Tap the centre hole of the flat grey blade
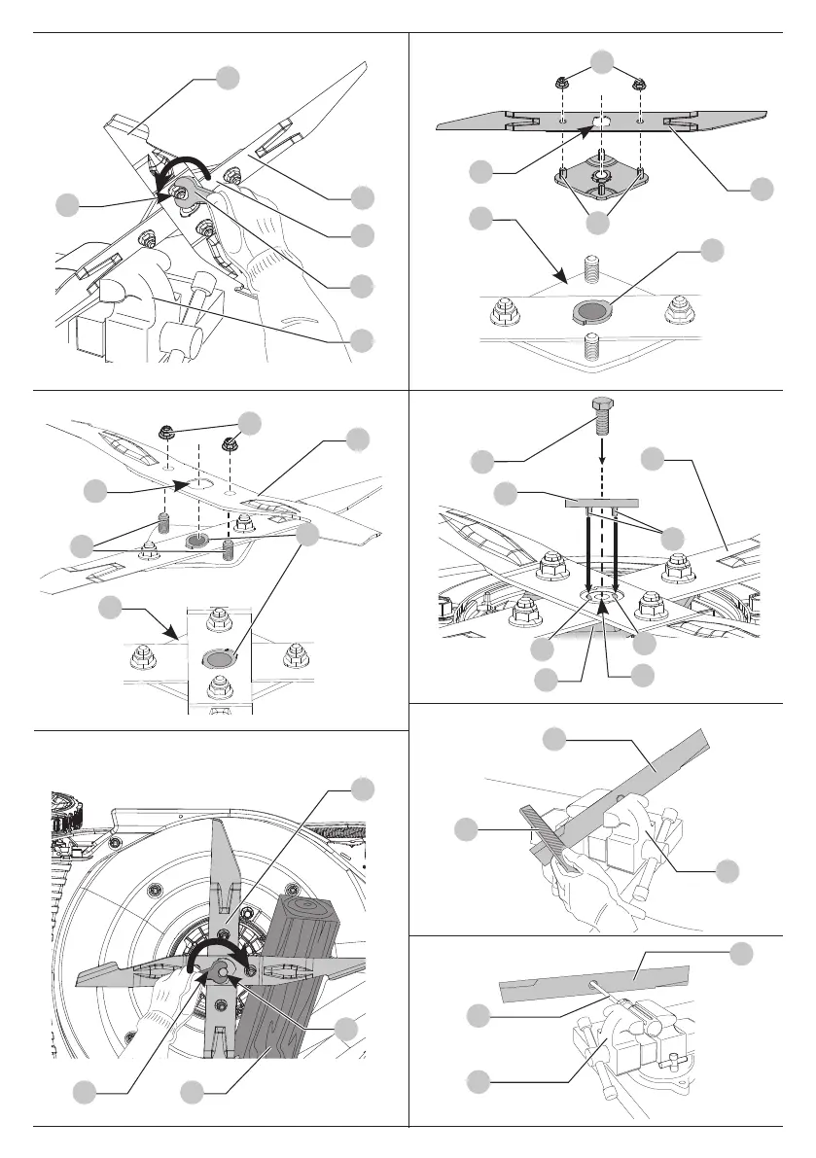[602, 120]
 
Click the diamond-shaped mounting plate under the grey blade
[600, 174]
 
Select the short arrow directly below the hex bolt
[602, 454]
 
